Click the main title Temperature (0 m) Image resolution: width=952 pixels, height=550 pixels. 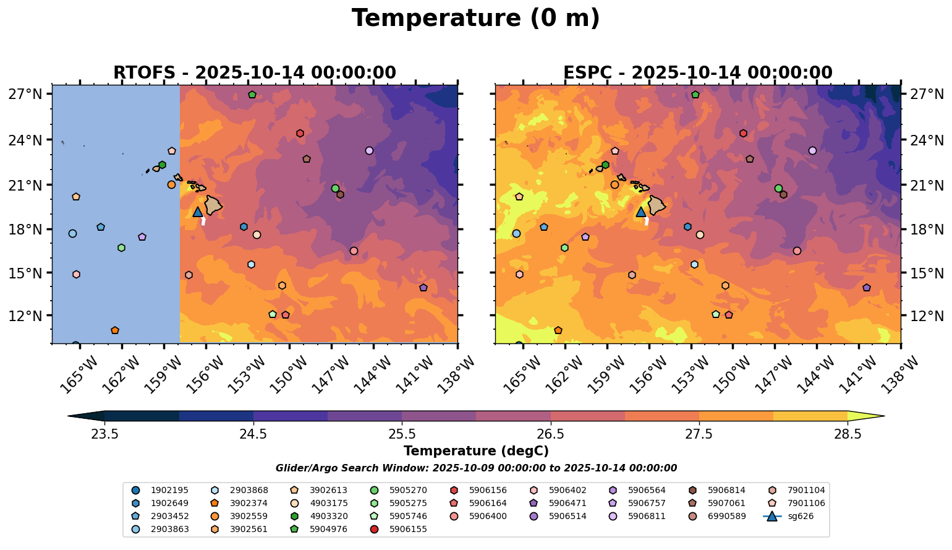[475, 19]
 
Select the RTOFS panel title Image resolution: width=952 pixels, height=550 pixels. [254, 72]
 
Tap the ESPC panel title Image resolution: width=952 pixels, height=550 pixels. [697, 72]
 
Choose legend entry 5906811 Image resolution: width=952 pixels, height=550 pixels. [646, 516]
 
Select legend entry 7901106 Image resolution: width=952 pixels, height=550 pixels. [805, 503]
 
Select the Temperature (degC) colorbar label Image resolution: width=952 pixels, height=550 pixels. [475, 451]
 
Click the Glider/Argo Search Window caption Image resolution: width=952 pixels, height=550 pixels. [475, 468]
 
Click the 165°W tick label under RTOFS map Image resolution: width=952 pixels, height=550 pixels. [80, 374]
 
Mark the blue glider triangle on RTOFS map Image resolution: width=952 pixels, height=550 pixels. [198, 212]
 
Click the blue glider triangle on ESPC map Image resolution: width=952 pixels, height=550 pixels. [641, 212]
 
